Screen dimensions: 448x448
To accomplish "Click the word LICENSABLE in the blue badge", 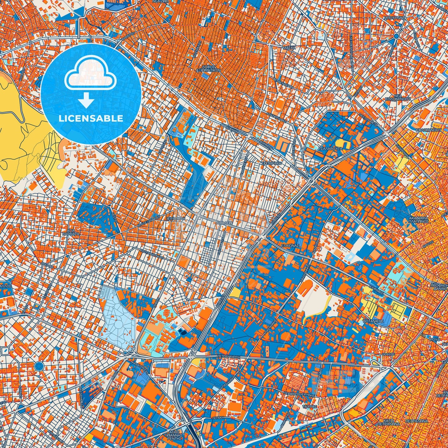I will point(91,118).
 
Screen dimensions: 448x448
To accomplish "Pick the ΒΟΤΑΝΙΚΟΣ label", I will point(373,322).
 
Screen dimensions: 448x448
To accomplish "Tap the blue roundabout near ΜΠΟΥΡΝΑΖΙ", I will point(397,37).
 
